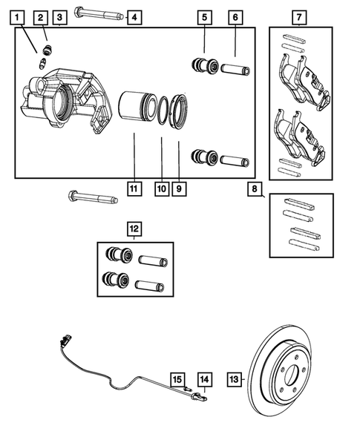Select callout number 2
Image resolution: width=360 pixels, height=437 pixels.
click(x=41, y=16)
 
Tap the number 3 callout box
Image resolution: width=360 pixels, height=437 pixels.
click(x=60, y=16)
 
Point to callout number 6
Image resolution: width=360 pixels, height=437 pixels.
click(x=235, y=16)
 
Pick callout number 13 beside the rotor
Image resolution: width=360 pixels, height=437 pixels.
click(x=235, y=379)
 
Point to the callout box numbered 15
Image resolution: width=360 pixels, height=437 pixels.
click(x=178, y=379)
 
